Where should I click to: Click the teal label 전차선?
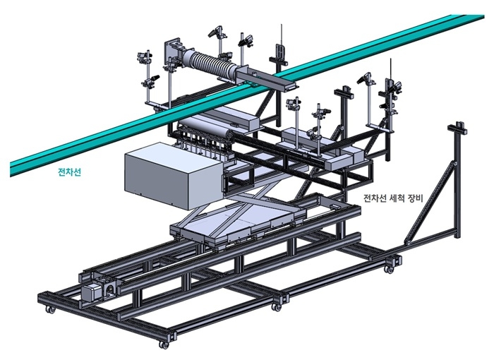[x=69, y=172]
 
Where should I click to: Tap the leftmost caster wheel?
[x=49, y=310]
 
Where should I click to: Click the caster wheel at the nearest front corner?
[x=164, y=344]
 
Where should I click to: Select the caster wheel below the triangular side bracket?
[x=389, y=268]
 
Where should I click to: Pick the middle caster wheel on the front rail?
[x=278, y=306]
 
